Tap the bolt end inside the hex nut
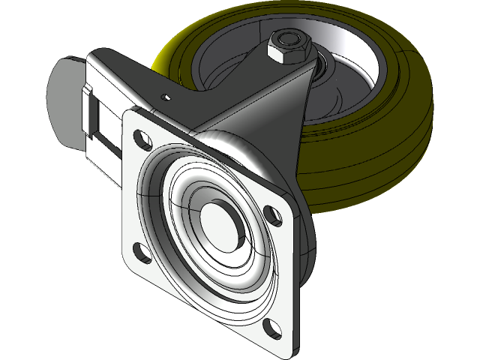pos(289,39)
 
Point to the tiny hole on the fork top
pos(166,96)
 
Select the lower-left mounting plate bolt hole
pos(139,250)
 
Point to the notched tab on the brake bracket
pos(88,95)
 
